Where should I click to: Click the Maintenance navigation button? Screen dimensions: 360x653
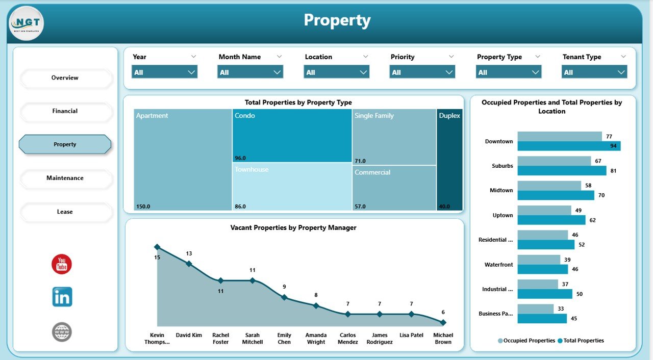65,178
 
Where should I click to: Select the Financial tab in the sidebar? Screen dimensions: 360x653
65,111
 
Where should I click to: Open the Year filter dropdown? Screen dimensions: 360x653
164,72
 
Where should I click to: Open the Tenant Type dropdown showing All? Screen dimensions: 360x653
594,72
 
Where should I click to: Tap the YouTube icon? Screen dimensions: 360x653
62,264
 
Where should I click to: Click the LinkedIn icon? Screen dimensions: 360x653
62,297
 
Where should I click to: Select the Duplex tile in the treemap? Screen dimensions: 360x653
449,159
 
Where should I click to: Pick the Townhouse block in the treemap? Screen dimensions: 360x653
292,187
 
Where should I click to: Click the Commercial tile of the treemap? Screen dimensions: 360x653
394,188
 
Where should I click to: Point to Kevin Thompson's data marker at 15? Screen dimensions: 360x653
157,247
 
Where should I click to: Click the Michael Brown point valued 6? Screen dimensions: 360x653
443,322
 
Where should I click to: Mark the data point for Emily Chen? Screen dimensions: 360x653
284,297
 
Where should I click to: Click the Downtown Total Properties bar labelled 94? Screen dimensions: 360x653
569,146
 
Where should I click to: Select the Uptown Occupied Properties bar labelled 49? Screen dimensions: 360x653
544,210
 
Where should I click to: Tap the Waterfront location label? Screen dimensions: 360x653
498,265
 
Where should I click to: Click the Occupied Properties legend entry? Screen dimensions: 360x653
526,341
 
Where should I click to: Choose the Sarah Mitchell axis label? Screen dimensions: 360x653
253,339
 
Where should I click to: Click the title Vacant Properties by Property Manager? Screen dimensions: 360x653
293,228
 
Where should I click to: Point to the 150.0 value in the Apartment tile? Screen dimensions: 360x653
143,207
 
